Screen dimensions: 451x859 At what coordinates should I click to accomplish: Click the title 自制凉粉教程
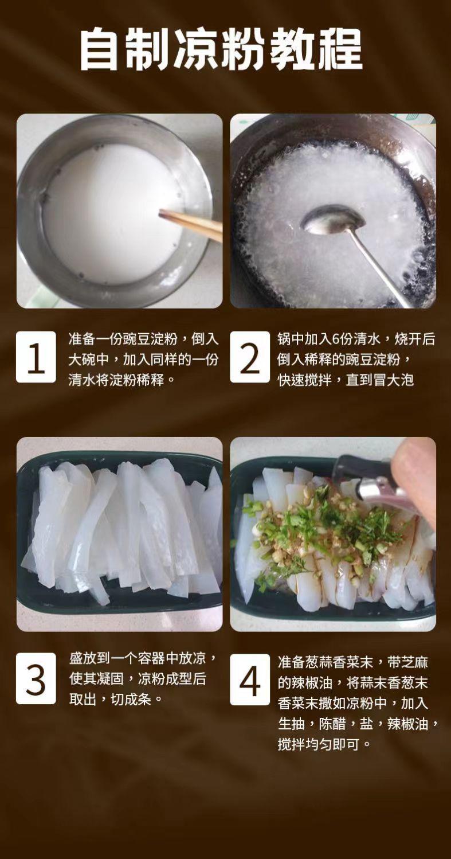click(221, 49)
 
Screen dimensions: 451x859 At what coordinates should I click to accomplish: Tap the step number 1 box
click(36, 357)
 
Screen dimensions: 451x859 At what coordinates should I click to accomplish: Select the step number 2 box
click(250, 357)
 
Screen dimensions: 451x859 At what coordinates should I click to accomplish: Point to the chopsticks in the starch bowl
click(191, 225)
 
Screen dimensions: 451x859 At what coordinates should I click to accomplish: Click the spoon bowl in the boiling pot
click(334, 220)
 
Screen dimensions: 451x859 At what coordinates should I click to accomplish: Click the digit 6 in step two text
click(336, 339)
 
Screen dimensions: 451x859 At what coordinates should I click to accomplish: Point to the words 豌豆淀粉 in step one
click(150, 339)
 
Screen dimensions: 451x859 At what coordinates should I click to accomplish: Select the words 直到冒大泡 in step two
click(380, 380)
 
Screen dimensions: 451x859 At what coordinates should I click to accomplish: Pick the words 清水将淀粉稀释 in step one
click(116, 380)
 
